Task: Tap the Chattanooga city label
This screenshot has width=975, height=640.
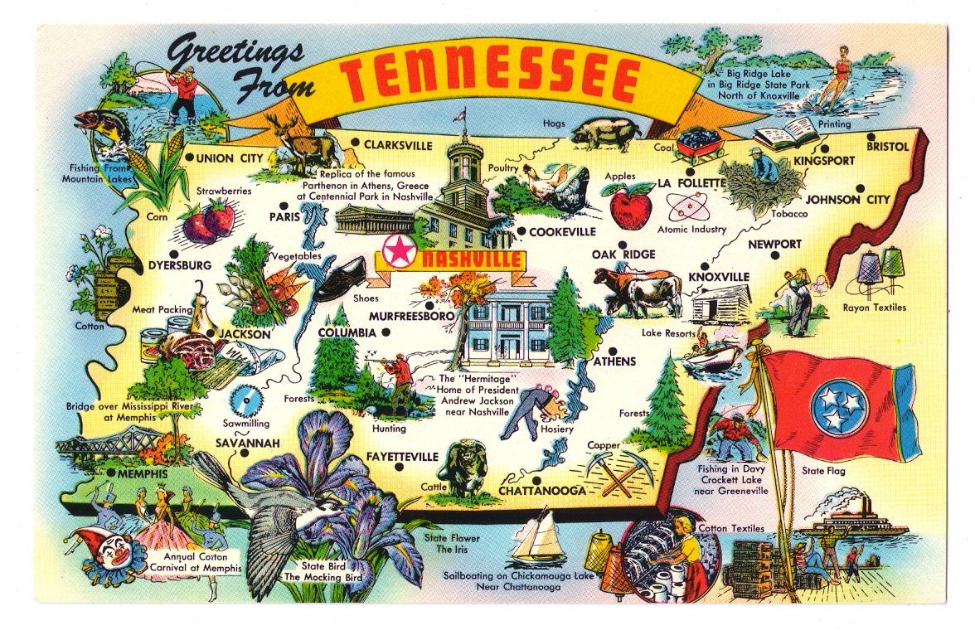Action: [542, 491]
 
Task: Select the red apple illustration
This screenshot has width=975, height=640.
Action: [629, 206]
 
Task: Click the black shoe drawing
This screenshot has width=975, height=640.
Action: [340, 279]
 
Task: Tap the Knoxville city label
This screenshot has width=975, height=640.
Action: [718, 276]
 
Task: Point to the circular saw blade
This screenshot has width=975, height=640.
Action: [245, 402]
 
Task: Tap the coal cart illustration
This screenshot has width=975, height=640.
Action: [699, 146]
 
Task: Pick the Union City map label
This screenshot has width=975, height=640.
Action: [228, 158]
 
